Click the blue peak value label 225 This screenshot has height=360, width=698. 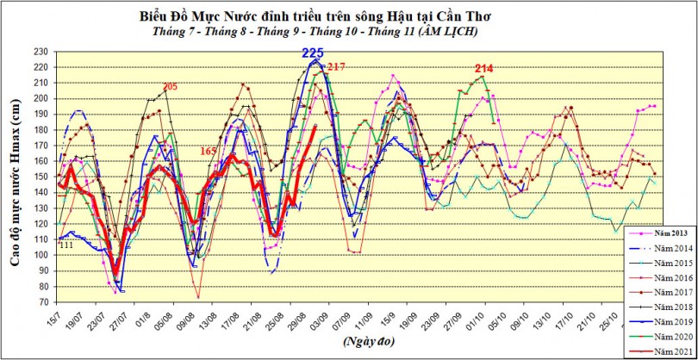tap(313, 53)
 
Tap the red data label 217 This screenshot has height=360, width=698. tap(336, 67)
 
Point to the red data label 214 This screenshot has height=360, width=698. tap(483, 68)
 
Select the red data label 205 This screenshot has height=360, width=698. tap(170, 86)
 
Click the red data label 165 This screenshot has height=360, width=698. tap(209, 152)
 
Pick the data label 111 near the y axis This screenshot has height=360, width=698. tap(65, 245)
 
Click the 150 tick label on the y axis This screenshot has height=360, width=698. tap(41, 177)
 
